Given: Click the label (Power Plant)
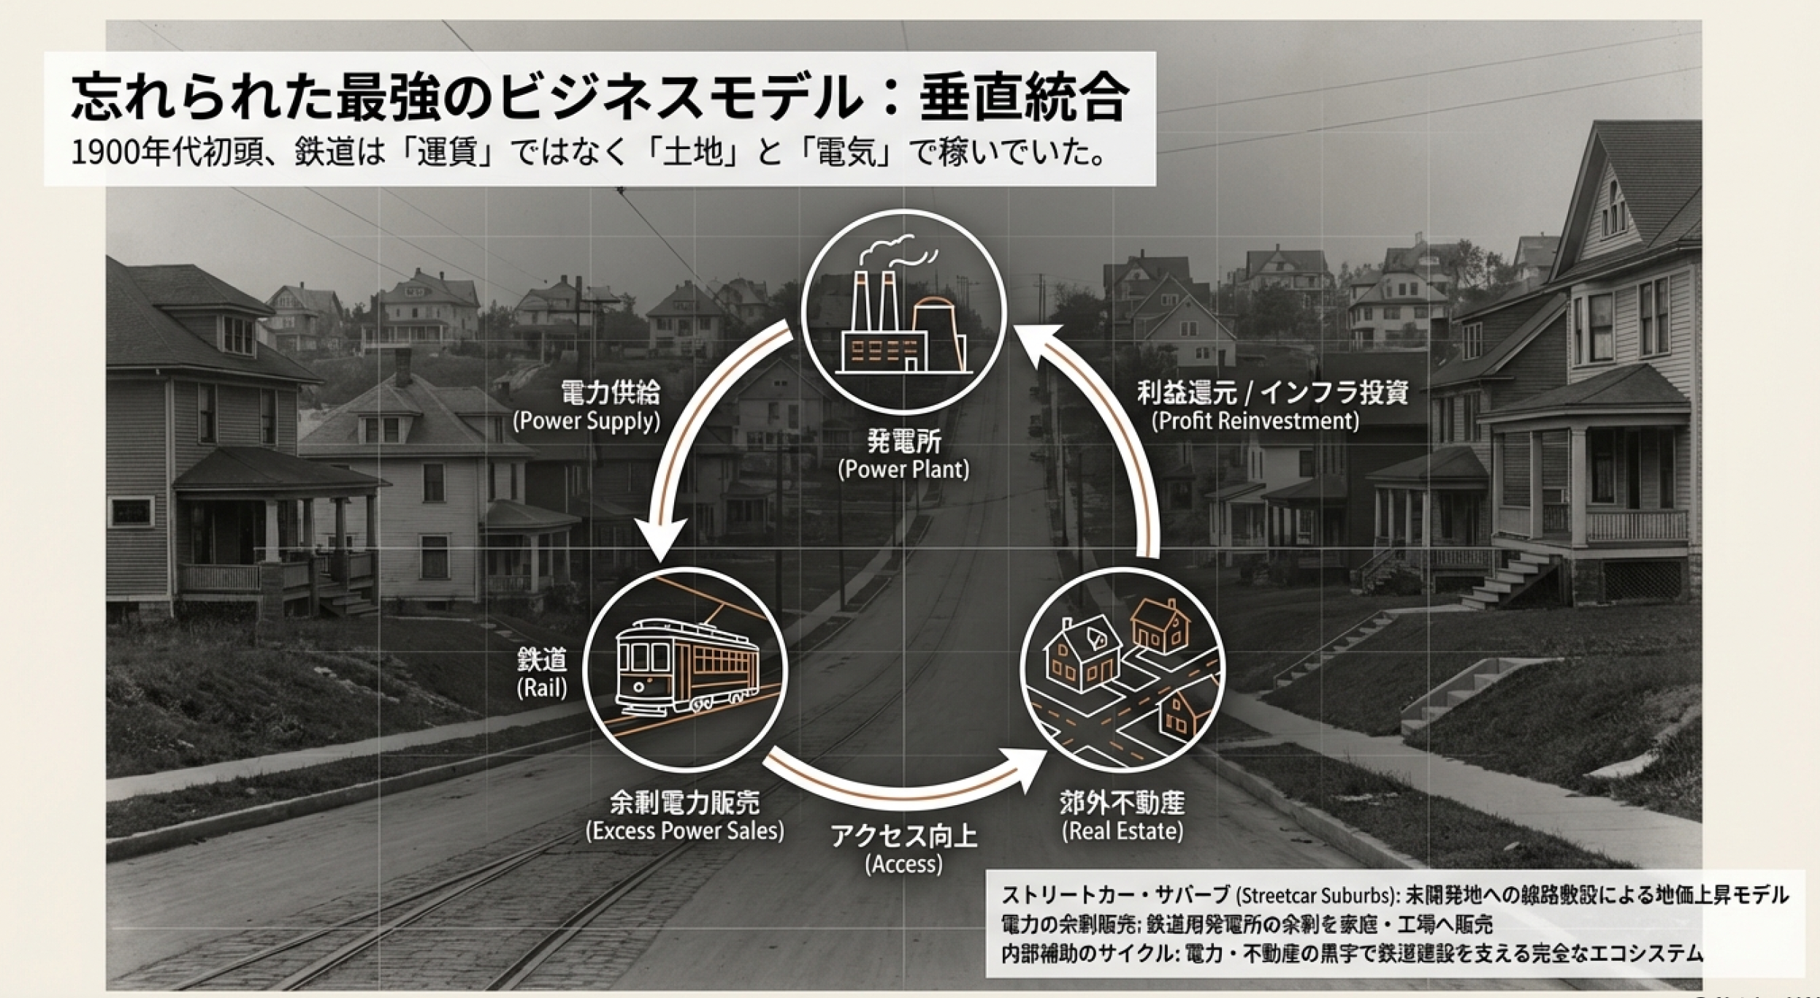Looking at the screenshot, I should [903, 469].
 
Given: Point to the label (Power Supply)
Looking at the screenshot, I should [586, 422].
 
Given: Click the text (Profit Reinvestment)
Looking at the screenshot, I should [1255, 422].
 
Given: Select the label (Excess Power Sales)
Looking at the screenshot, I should [684, 831].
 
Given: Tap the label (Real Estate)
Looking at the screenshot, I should [1122, 831].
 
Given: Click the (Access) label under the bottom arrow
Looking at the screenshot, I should [903, 865].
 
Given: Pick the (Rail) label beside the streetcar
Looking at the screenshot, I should [541, 690].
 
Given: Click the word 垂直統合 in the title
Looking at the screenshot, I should [1022, 100].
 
